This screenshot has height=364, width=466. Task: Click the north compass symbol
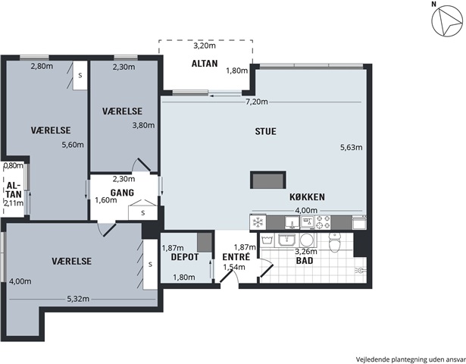coord(447,22)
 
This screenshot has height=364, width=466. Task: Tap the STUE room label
coord(265,131)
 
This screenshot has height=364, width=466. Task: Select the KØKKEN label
coord(307,197)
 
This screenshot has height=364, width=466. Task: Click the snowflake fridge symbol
coord(258,222)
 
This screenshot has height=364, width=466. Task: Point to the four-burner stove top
coord(323,222)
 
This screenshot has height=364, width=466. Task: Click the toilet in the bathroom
coord(335,242)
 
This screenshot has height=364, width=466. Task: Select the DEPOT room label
coord(185,257)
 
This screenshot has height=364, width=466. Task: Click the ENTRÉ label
coord(236,256)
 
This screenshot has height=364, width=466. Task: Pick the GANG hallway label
coord(122,193)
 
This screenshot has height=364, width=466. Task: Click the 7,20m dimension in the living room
coord(256,102)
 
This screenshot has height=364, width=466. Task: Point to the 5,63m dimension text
coord(352,147)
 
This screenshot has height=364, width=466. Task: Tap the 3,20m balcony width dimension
coord(205,45)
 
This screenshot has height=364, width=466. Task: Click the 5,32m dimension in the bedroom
coord(78,299)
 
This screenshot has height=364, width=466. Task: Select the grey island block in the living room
coord(268,180)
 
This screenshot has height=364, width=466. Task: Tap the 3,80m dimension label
coord(143,125)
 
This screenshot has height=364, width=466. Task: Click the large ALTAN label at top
coord(205,64)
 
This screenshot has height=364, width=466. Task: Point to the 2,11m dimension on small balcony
coord(14,203)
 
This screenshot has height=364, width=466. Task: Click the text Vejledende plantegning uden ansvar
coord(411,359)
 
